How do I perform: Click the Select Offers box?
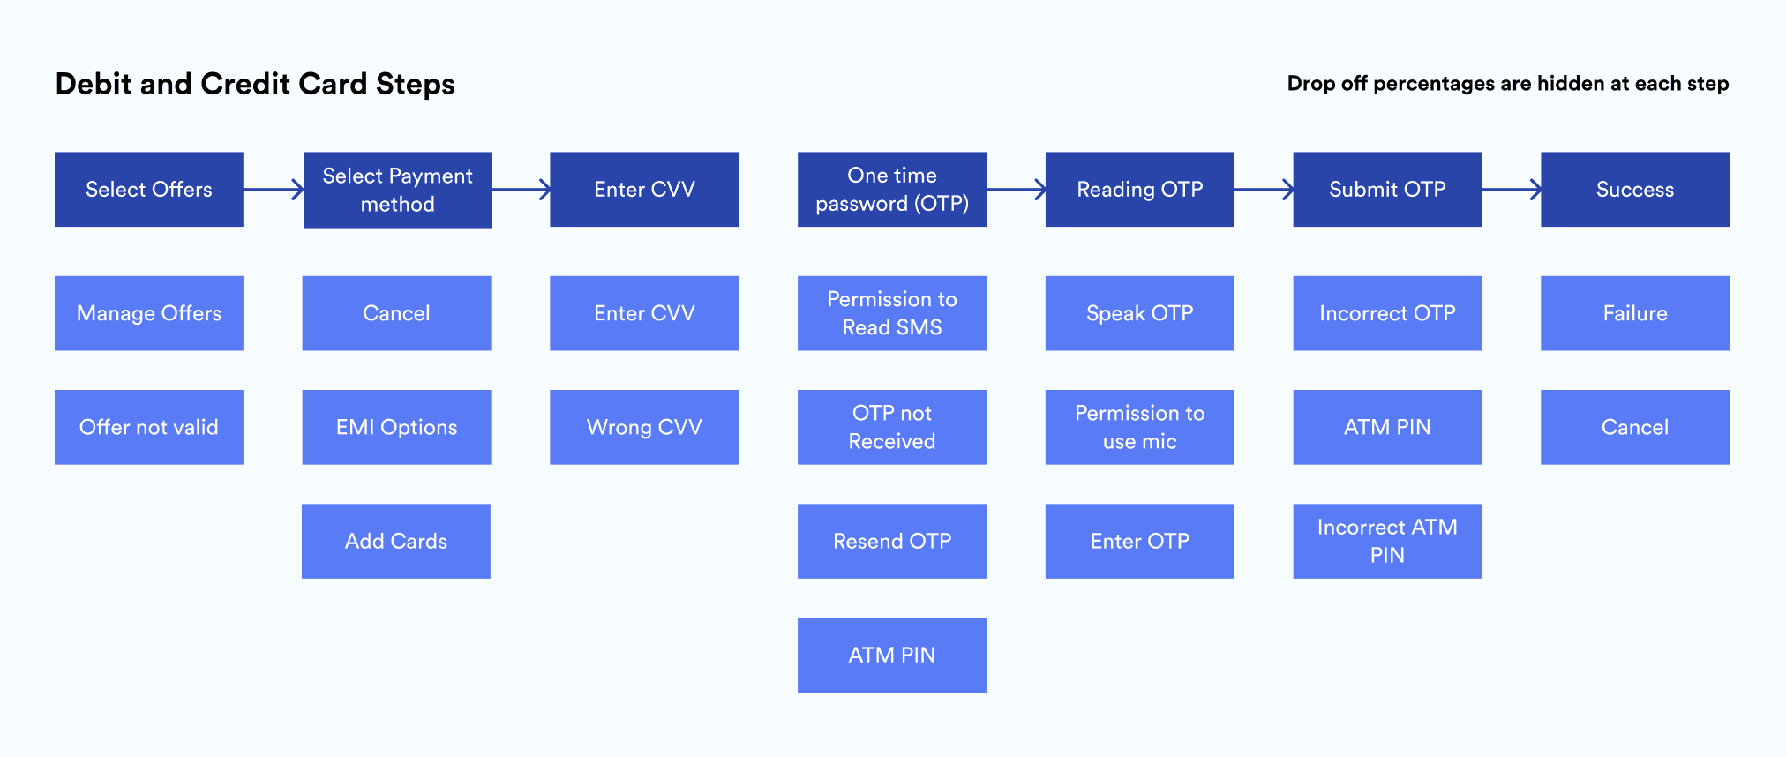click(x=148, y=189)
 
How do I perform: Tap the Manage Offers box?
click(x=148, y=313)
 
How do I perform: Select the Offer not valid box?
click(x=148, y=427)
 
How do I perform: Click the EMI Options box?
click(x=396, y=427)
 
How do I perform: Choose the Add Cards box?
click(x=396, y=541)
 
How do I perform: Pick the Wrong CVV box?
click(x=644, y=427)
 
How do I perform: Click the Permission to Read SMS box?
click(x=891, y=313)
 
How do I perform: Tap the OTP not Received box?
click(x=891, y=427)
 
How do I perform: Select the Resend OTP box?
click(x=891, y=541)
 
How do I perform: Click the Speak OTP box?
click(x=1139, y=313)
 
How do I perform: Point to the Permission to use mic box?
click(x=1139, y=427)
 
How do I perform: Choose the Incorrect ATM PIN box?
click(x=1387, y=541)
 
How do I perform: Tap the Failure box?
click(x=1634, y=313)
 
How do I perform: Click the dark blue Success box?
click(x=1634, y=189)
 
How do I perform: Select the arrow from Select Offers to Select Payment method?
click(x=274, y=189)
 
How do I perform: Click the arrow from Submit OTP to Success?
click(x=1512, y=189)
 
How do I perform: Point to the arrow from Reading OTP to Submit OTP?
click(x=1264, y=189)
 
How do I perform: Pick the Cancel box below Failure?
click(x=1634, y=427)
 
